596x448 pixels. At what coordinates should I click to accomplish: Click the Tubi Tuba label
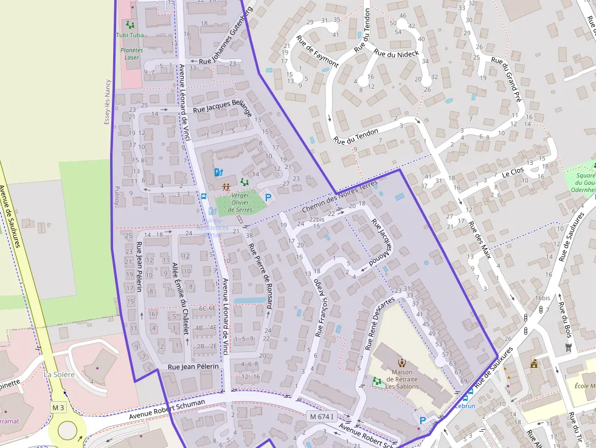tap(130, 35)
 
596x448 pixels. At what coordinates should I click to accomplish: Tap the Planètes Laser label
tap(131, 53)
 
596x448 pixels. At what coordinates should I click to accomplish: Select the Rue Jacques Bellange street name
tap(222, 107)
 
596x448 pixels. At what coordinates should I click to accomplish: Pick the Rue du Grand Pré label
tap(506, 78)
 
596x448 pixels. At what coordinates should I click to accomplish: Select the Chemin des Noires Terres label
tap(339, 197)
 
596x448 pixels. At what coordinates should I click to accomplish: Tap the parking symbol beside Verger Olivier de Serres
tap(268, 197)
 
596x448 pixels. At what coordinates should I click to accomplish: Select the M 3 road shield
tap(58, 407)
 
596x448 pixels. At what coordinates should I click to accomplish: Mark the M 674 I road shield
tap(322, 416)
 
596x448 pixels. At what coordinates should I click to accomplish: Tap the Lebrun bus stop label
tap(465, 405)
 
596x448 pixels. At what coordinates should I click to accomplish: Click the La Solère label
tap(59, 374)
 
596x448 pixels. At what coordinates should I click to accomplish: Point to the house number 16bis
tap(542, 298)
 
